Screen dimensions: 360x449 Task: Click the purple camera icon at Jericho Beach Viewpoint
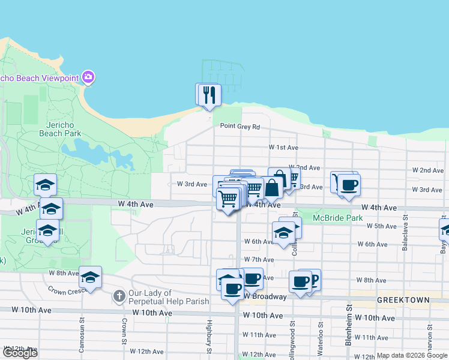click(89, 77)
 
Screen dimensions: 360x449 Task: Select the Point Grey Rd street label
click(240, 127)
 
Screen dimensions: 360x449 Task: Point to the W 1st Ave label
click(283, 147)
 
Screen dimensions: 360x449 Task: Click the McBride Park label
click(338, 218)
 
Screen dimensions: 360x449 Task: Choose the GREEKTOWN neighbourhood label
click(403, 299)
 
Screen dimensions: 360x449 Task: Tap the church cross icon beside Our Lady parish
click(119, 296)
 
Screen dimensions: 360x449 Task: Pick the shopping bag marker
click(272, 188)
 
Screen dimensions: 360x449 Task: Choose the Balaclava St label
click(405, 224)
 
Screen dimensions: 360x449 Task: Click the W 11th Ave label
click(263, 335)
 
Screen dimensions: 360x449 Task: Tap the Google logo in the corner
click(20, 353)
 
